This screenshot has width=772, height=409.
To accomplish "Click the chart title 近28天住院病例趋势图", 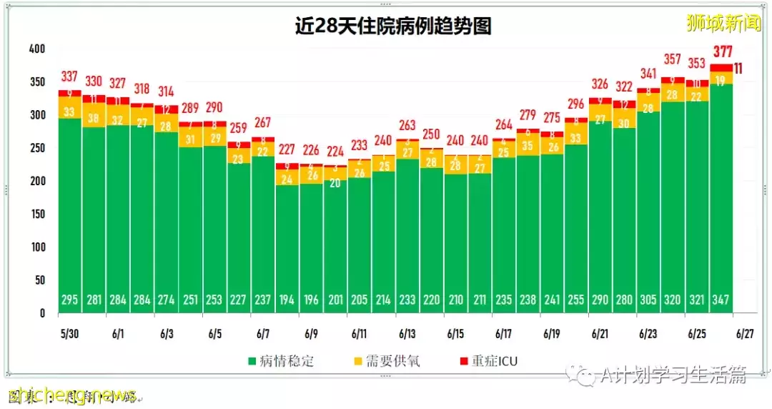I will [x=393, y=26].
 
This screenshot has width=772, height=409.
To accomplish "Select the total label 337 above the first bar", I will [x=69, y=77].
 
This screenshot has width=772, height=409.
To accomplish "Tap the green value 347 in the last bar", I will [x=721, y=300].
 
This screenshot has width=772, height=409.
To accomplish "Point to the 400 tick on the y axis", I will [x=36, y=49].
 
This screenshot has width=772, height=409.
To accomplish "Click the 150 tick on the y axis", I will [x=36, y=214].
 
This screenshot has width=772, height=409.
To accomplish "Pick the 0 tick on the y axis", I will [x=42, y=312].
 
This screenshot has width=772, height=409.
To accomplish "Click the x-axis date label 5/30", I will [x=69, y=334].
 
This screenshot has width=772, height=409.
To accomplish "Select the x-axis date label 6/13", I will [x=407, y=334].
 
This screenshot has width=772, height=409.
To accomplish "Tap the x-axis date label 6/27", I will [x=745, y=334].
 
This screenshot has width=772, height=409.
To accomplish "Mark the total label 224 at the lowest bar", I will [x=335, y=151].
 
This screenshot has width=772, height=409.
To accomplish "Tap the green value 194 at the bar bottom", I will [x=287, y=300].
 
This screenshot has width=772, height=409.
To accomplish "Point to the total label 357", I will [x=673, y=59].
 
